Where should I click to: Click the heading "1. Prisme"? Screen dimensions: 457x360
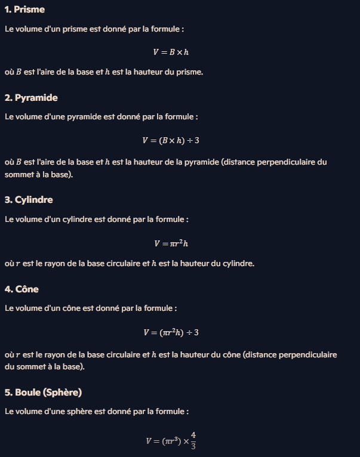coord(24,10)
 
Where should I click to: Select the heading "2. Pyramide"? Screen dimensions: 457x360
coord(31,97)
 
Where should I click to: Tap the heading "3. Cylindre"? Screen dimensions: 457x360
coord(29,199)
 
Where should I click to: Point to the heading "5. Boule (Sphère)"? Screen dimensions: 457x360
coord(43,392)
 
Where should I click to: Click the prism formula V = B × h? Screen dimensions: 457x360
coord(171,52)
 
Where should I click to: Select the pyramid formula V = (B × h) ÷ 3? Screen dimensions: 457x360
coord(170,140)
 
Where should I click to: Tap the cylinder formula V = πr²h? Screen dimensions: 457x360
coord(171,243)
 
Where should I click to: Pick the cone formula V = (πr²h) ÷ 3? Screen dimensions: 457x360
coord(171,332)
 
